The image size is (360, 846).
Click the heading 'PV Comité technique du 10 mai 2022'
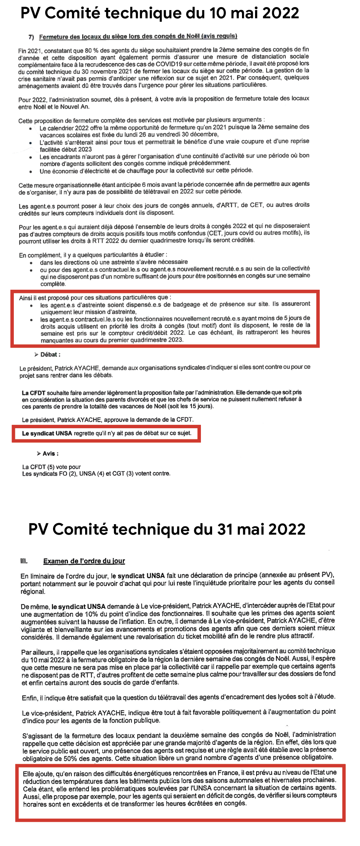(x=160, y=13)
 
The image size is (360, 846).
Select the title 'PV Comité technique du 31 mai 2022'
(x=167, y=529)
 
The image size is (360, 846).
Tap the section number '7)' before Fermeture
(x=31, y=37)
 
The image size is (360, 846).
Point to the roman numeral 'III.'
(x=24, y=561)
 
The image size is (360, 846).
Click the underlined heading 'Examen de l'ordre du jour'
(x=84, y=561)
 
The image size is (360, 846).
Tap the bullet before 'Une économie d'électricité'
(x=31, y=172)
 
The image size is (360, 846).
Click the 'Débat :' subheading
(x=50, y=355)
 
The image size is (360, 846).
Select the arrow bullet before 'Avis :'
(x=38, y=453)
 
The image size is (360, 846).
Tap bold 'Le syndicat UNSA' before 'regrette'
(x=47, y=433)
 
